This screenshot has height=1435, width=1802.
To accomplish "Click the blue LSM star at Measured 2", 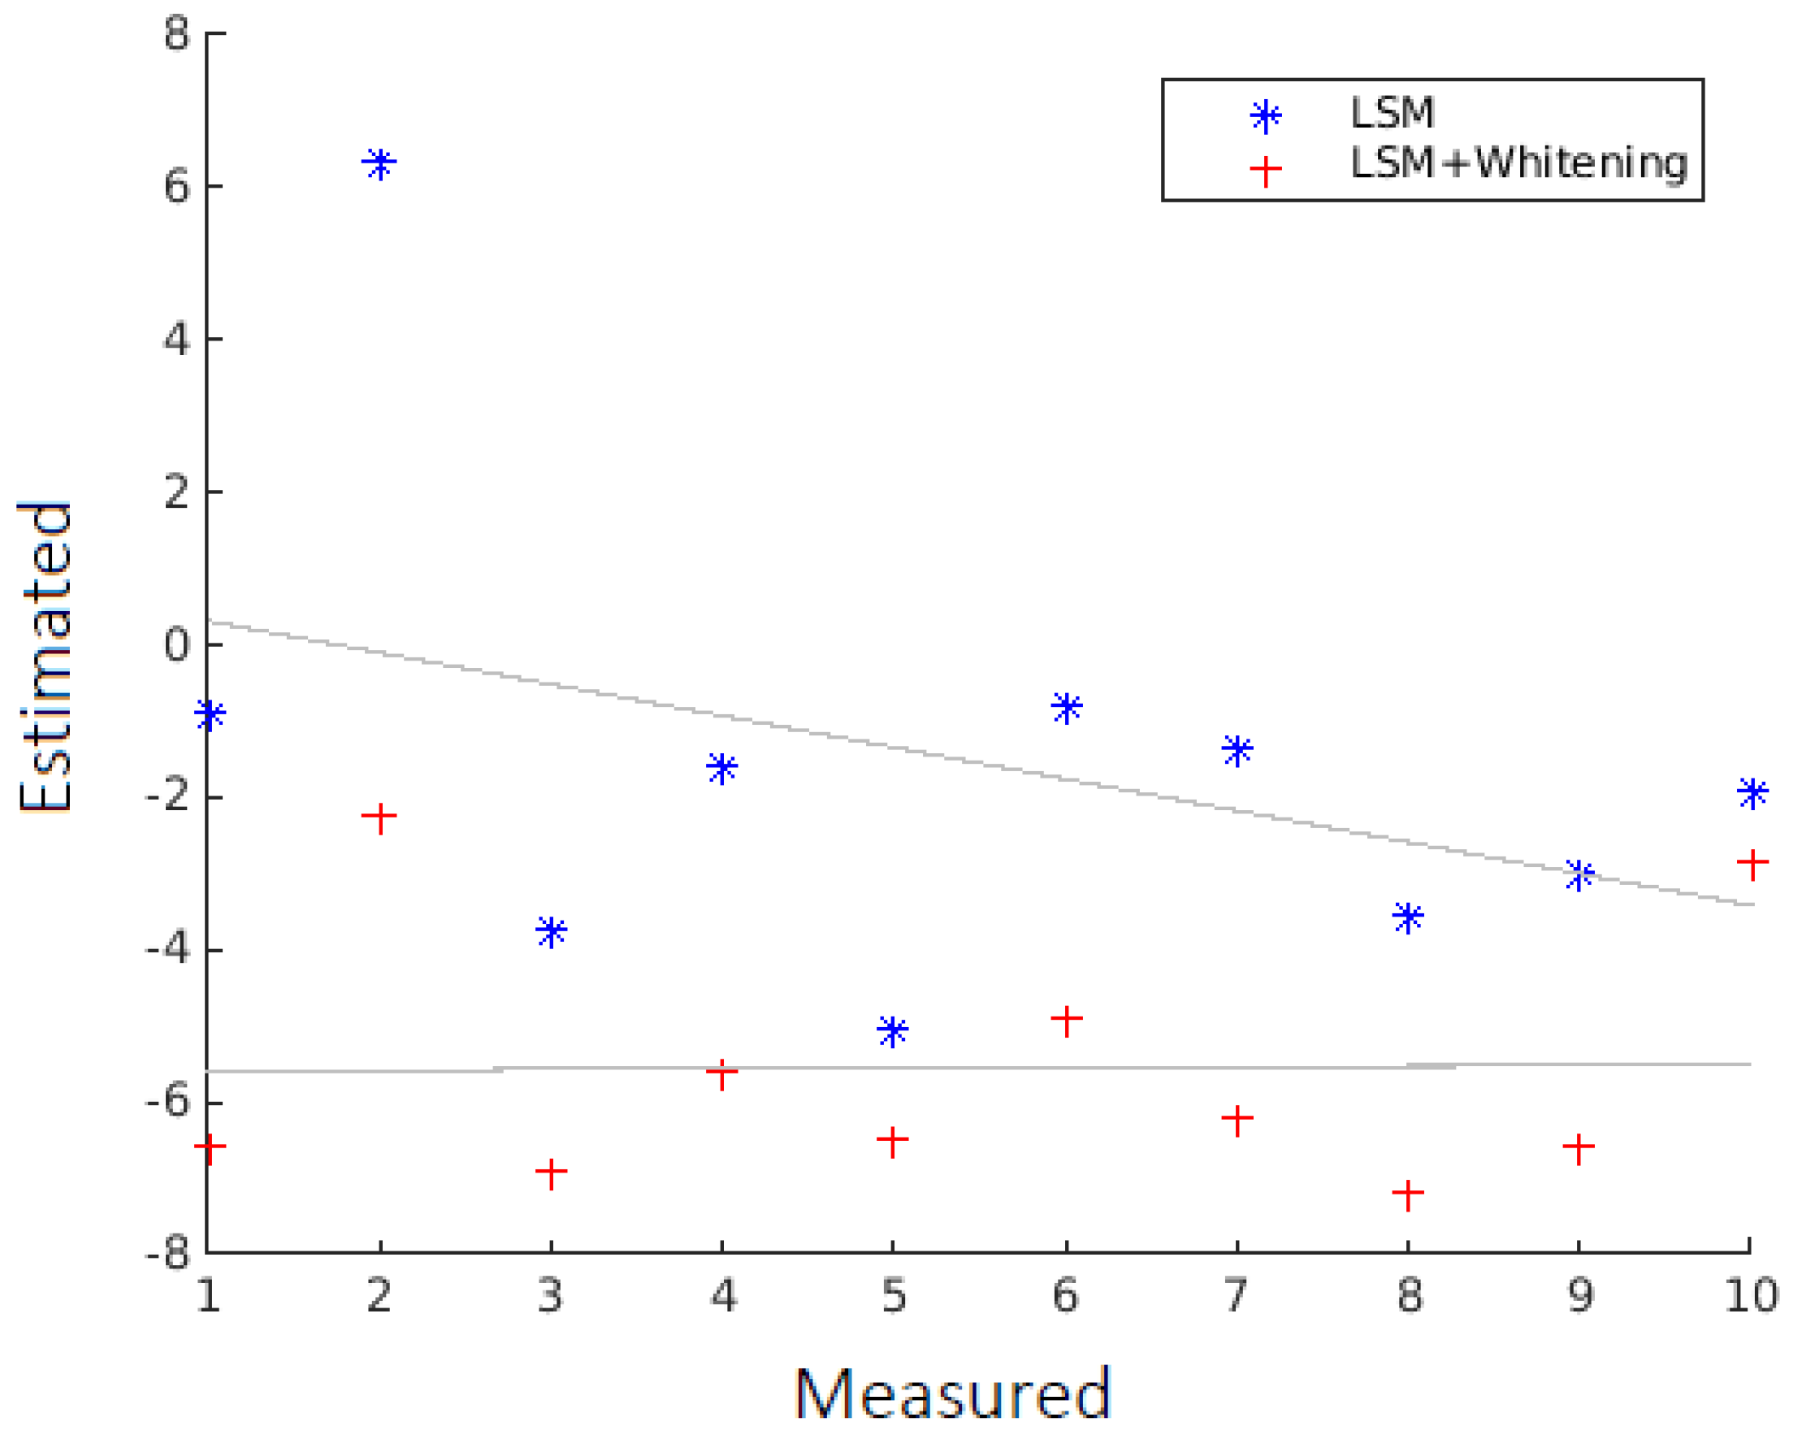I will coord(379,163).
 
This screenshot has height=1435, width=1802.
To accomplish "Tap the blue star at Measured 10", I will coord(1752,791).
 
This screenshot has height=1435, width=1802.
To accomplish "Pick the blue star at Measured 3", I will coord(551,930).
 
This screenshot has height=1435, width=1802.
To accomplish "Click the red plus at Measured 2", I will coord(379,817).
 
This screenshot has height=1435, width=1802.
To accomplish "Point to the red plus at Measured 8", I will coord(1407,1194).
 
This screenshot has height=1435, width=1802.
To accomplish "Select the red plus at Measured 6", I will coord(1067,1019).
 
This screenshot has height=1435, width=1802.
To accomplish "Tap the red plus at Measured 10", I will coord(1752,861).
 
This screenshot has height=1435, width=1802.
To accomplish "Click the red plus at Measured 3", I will coord(551,1172).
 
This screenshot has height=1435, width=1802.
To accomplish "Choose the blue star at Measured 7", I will coord(1237,749).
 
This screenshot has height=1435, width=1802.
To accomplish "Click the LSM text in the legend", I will coord(1393,113).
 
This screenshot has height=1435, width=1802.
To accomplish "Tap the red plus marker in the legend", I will coord(1266,171).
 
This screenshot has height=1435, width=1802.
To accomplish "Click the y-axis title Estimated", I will coord(45,657).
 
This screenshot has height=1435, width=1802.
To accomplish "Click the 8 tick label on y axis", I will coord(177,34).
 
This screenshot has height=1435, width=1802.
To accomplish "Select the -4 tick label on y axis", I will coord(167,950).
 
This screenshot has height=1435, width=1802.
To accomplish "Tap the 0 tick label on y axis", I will coord(177,644).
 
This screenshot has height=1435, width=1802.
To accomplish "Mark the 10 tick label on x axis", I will coord(1750,1295).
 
